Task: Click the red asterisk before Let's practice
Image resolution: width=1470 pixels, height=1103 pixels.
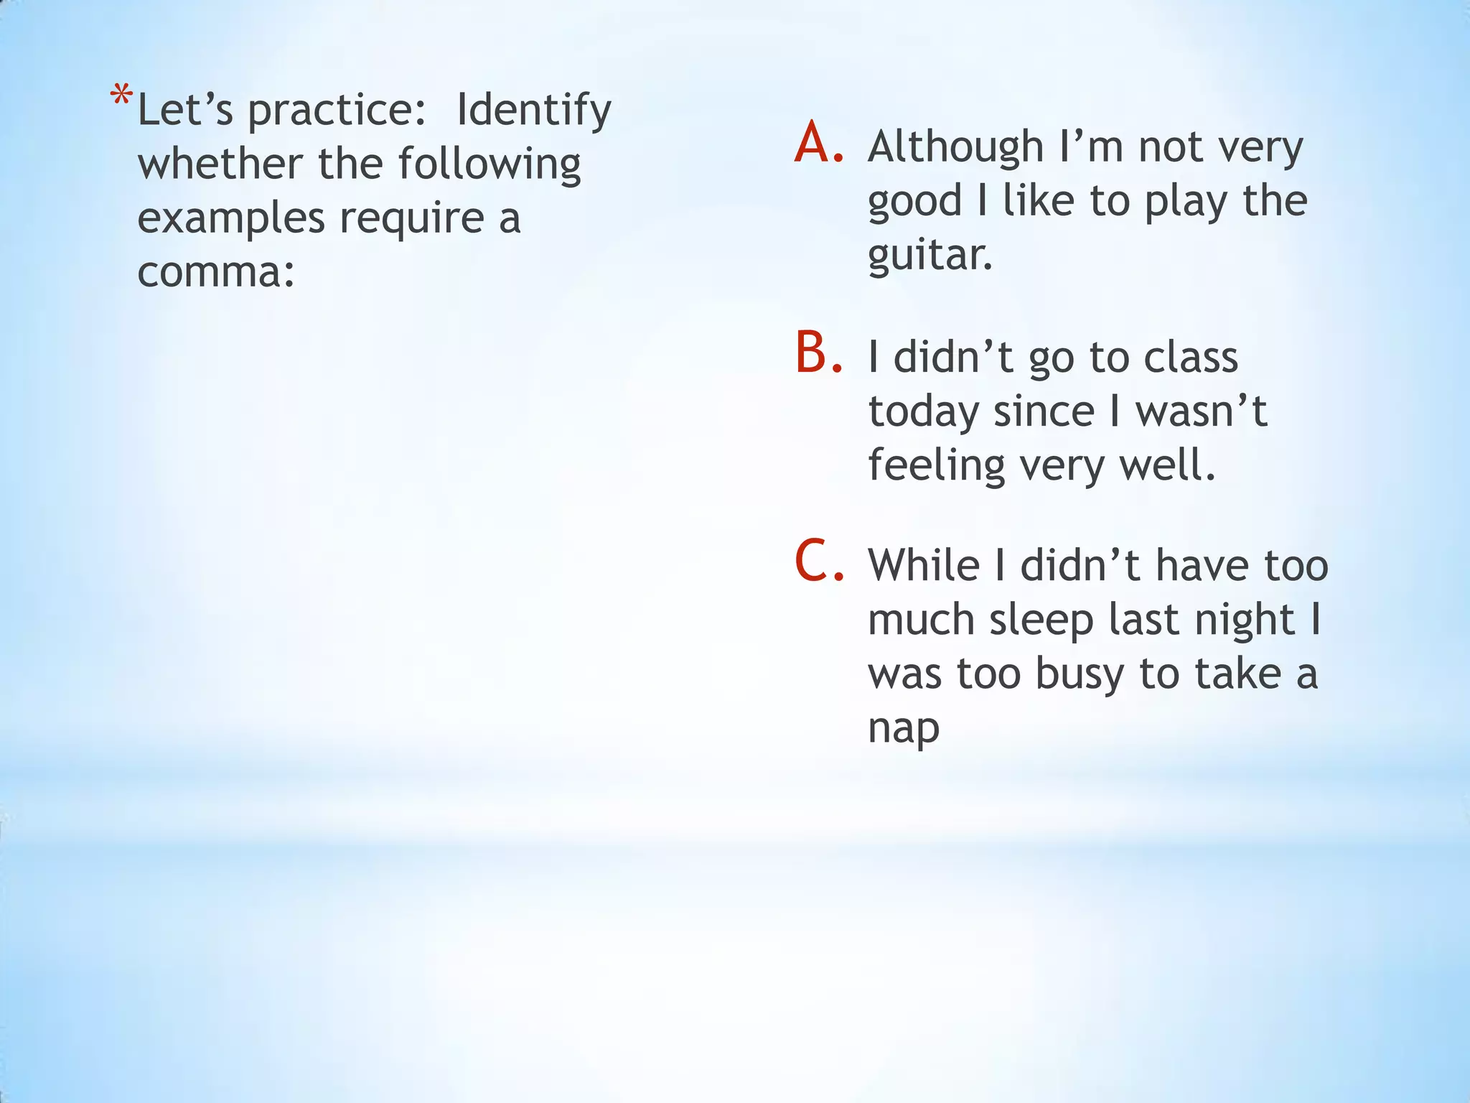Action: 121,96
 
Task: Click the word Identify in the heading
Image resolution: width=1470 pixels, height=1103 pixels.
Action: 533,111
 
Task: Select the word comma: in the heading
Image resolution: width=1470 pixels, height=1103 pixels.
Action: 216,273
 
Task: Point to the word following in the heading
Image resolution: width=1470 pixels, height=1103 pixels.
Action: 489,164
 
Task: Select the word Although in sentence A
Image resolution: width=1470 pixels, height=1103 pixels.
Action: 955,147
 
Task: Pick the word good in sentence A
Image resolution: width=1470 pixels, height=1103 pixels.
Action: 914,202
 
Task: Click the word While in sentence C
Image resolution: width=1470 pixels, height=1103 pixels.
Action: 924,565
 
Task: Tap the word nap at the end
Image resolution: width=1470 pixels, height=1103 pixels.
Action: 903,729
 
